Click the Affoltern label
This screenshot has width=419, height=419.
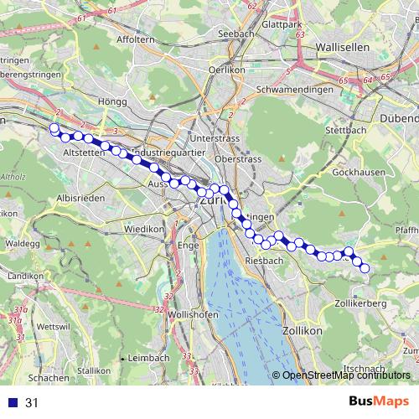click(x=137, y=39)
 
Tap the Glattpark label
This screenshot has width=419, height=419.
click(x=281, y=25)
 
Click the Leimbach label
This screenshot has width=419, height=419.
click(x=148, y=358)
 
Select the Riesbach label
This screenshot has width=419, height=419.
click(x=267, y=261)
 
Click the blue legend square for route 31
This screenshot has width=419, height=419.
click(x=13, y=403)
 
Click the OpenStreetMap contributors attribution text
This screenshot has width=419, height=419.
click(x=346, y=376)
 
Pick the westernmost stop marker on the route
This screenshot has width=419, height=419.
click(x=54, y=128)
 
